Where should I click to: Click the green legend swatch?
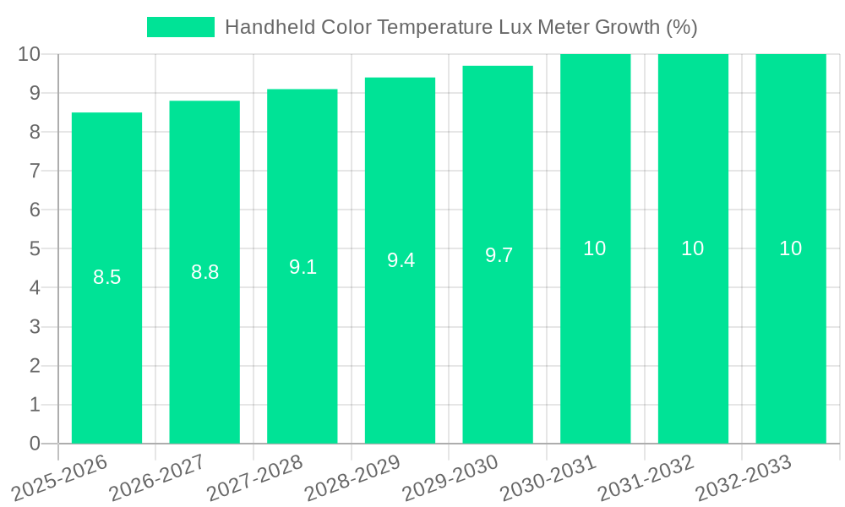(x=181, y=27)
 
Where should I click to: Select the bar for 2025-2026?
(x=106, y=338)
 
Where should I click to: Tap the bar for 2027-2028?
(x=303, y=338)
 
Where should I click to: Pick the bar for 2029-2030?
(x=498, y=338)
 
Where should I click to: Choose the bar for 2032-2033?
(x=791, y=338)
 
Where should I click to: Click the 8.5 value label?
(x=106, y=277)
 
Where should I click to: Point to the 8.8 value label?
(x=204, y=272)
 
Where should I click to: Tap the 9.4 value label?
(x=401, y=260)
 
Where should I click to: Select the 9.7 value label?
(x=499, y=255)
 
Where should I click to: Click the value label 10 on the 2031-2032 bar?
(x=693, y=248)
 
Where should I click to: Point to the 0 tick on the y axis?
(x=35, y=444)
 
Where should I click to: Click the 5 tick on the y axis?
(x=35, y=249)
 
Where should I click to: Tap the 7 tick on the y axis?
(x=35, y=172)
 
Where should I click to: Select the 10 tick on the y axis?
(x=30, y=55)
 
